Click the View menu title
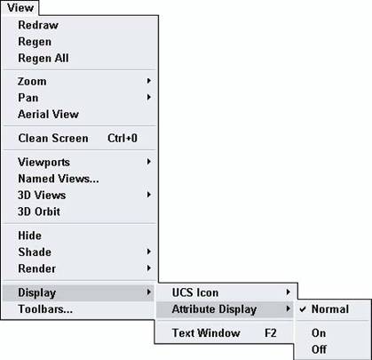pyautogui.click(x=20, y=8)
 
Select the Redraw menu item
pyautogui.click(x=38, y=25)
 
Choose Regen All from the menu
pyautogui.click(x=44, y=58)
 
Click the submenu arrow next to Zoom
pyautogui.click(x=149, y=81)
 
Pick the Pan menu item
pyautogui.click(x=28, y=98)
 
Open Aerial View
pyautogui.click(x=48, y=114)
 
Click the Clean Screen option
pyautogui.click(x=53, y=138)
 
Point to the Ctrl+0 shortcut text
pyautogui.click(x=123, y=138)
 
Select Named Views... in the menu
pyautogui.click(x=59, y=179)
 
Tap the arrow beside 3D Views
pyautogui.click(x=149, y=195)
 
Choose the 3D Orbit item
pyautogui.click(x=39, y=212)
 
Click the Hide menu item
pyautogui.click(x=30, y=236)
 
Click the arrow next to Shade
pyautogui.click(x=149, y=252)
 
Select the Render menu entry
pyautogui.click(x=37, y=268)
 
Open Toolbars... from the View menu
pyautogui.click(x=45, y=309)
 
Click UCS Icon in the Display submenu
pyautogui.click(x=195, y=292)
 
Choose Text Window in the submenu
pyautogui.click(x=206, y=332)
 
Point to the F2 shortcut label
pyautogui.click(x=271, y=332)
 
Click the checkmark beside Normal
pyautogui.click(x=303, y=309)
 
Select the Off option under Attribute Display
pyautogui.click(x=319, y=349)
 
